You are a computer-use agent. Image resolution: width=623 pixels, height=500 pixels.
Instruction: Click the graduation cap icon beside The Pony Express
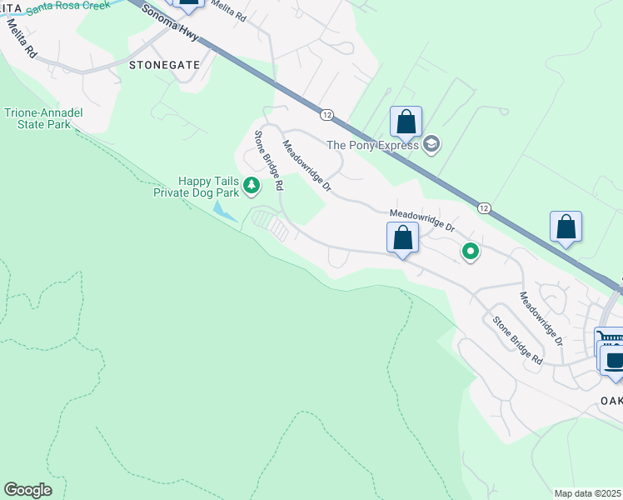pos(431,145)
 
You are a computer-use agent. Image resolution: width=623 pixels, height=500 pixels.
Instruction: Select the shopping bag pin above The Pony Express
pos(406,122)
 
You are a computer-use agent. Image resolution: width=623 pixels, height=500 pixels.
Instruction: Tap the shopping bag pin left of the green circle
pos(403,237)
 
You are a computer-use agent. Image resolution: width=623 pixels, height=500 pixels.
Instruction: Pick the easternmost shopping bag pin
pos(566,227)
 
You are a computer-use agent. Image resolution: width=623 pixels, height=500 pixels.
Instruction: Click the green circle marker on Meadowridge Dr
pos(471,251)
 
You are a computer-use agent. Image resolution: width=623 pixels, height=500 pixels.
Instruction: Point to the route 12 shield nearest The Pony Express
pos(326,114)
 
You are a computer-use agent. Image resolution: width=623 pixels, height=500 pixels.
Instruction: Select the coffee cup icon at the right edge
pos(614,361)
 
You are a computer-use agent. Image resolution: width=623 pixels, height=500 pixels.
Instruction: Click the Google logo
pos(28,490)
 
